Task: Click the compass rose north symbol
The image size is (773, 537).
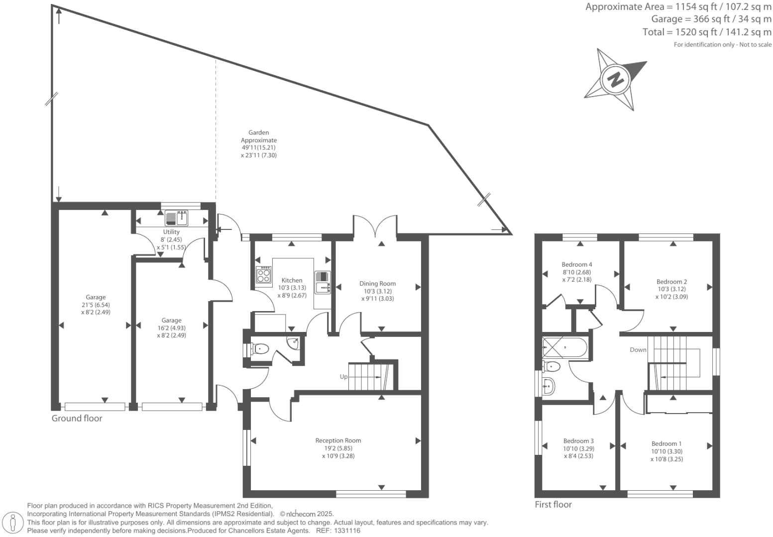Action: (x=616, y=79)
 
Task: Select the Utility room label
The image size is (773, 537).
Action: (x=171, y=232)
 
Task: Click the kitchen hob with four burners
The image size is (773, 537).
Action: (x=263, y=275)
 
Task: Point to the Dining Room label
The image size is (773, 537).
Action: (x=377, y=284)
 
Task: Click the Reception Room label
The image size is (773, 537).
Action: (x=338, y=440)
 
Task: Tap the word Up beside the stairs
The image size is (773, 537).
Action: (x=343, y=377)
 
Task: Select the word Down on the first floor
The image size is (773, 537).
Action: (x=638, y=350)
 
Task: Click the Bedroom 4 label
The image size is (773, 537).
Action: (x=577, y=265)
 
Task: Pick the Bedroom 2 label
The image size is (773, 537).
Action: (x=671, y=282)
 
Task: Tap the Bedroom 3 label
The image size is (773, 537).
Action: (x=578, y=441)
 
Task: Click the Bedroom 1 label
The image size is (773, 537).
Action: (x=666, y=444)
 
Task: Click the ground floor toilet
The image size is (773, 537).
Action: (x=259, y=349)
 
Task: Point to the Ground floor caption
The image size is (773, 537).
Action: (x=77, y=419)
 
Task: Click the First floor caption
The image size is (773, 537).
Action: (x=553, y=505)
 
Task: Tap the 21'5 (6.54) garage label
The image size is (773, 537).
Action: (x=96, y=305)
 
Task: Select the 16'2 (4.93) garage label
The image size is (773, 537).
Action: (x=171, y=328)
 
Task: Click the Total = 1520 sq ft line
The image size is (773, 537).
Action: (x=707, y=32)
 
